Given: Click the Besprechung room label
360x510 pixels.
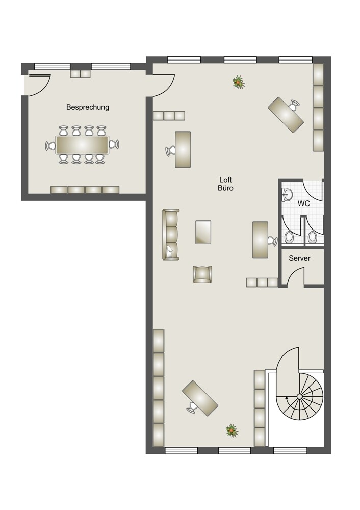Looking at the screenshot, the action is tap(88, 107).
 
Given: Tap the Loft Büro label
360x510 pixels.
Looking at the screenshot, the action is tap(226, 184).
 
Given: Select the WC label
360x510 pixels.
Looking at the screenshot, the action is tap(304, 204).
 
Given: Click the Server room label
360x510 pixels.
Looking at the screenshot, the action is tap(299, 258).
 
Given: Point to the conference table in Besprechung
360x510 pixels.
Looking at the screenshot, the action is tap(82, 145).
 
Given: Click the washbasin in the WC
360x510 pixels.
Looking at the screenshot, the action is tap(287, 194).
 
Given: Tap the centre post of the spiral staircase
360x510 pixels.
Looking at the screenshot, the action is tap(299, 396).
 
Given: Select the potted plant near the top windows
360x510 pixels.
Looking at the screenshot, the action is tap(239, 82).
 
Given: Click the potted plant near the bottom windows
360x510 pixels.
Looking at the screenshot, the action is tap(232, 430).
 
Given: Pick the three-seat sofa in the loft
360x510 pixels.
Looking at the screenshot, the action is tap(171, 234).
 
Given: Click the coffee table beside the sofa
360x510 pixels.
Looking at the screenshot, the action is tap(203, 232).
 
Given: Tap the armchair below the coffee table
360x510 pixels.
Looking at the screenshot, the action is tap(202, 274).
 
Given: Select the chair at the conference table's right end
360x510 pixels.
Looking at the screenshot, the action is tap(114, 144).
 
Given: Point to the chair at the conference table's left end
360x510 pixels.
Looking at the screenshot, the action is tap(50, 146).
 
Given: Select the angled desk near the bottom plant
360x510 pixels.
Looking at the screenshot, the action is tap(200, 398).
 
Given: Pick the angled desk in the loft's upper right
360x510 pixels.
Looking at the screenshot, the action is tap(286, 114).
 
